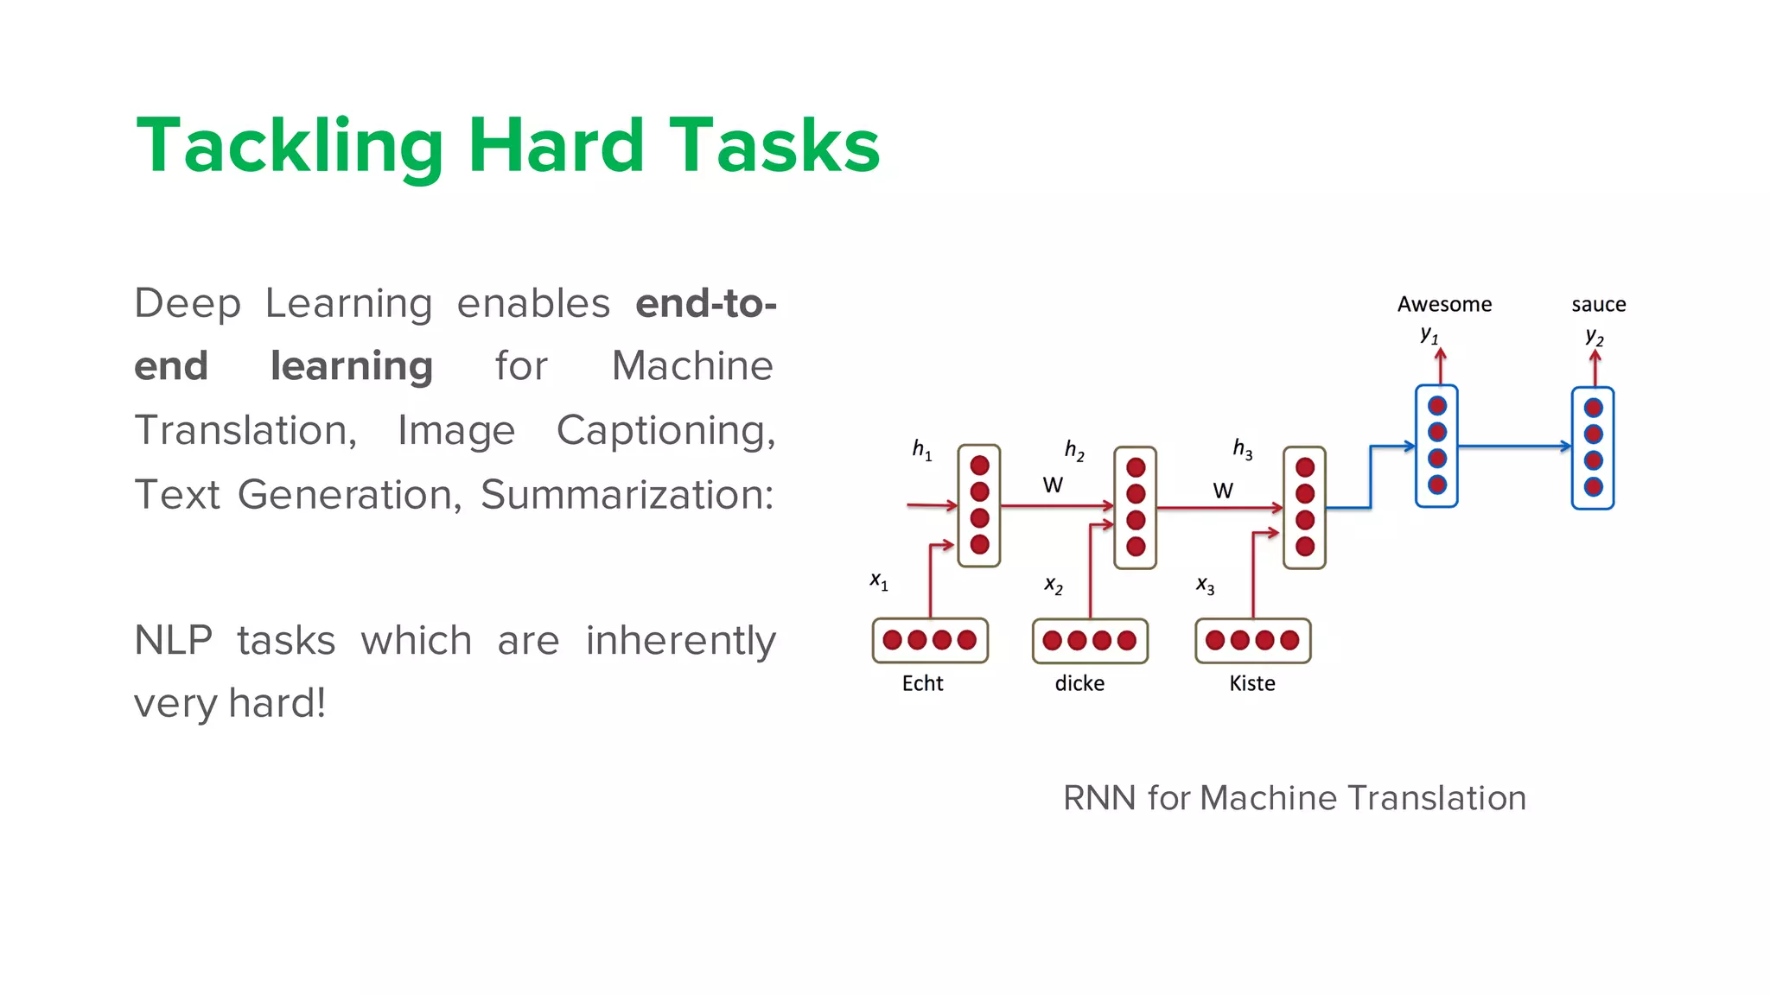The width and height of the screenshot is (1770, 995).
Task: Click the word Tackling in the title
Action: [290, 147]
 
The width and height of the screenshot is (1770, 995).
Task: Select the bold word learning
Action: [351, 366]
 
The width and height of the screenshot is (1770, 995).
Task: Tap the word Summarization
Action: [627, 495]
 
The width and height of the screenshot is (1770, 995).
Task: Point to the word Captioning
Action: [665, 430]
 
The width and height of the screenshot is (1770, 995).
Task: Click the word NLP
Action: [173, 641]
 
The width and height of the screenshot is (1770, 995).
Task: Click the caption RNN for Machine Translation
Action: [1294, 798]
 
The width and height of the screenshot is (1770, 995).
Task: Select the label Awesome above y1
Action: [1444, 304]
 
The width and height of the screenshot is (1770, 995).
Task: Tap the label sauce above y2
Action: [1598, 304]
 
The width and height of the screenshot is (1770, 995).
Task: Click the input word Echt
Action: [922, 683]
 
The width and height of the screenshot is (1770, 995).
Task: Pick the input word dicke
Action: [1079, 683]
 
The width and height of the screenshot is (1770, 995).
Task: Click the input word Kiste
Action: [1251, 683]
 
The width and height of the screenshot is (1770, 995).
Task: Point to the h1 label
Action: [921, 449]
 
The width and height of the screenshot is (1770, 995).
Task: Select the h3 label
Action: [1242, 448]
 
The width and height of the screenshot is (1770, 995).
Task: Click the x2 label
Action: [1053, 586]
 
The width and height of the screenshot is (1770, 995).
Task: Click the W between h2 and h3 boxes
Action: [1222, 491]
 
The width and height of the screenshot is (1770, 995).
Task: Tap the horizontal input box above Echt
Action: [930, 641]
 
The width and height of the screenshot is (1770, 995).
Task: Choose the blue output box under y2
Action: [1593, 447]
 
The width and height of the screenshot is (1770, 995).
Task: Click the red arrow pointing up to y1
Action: [1441, 365]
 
